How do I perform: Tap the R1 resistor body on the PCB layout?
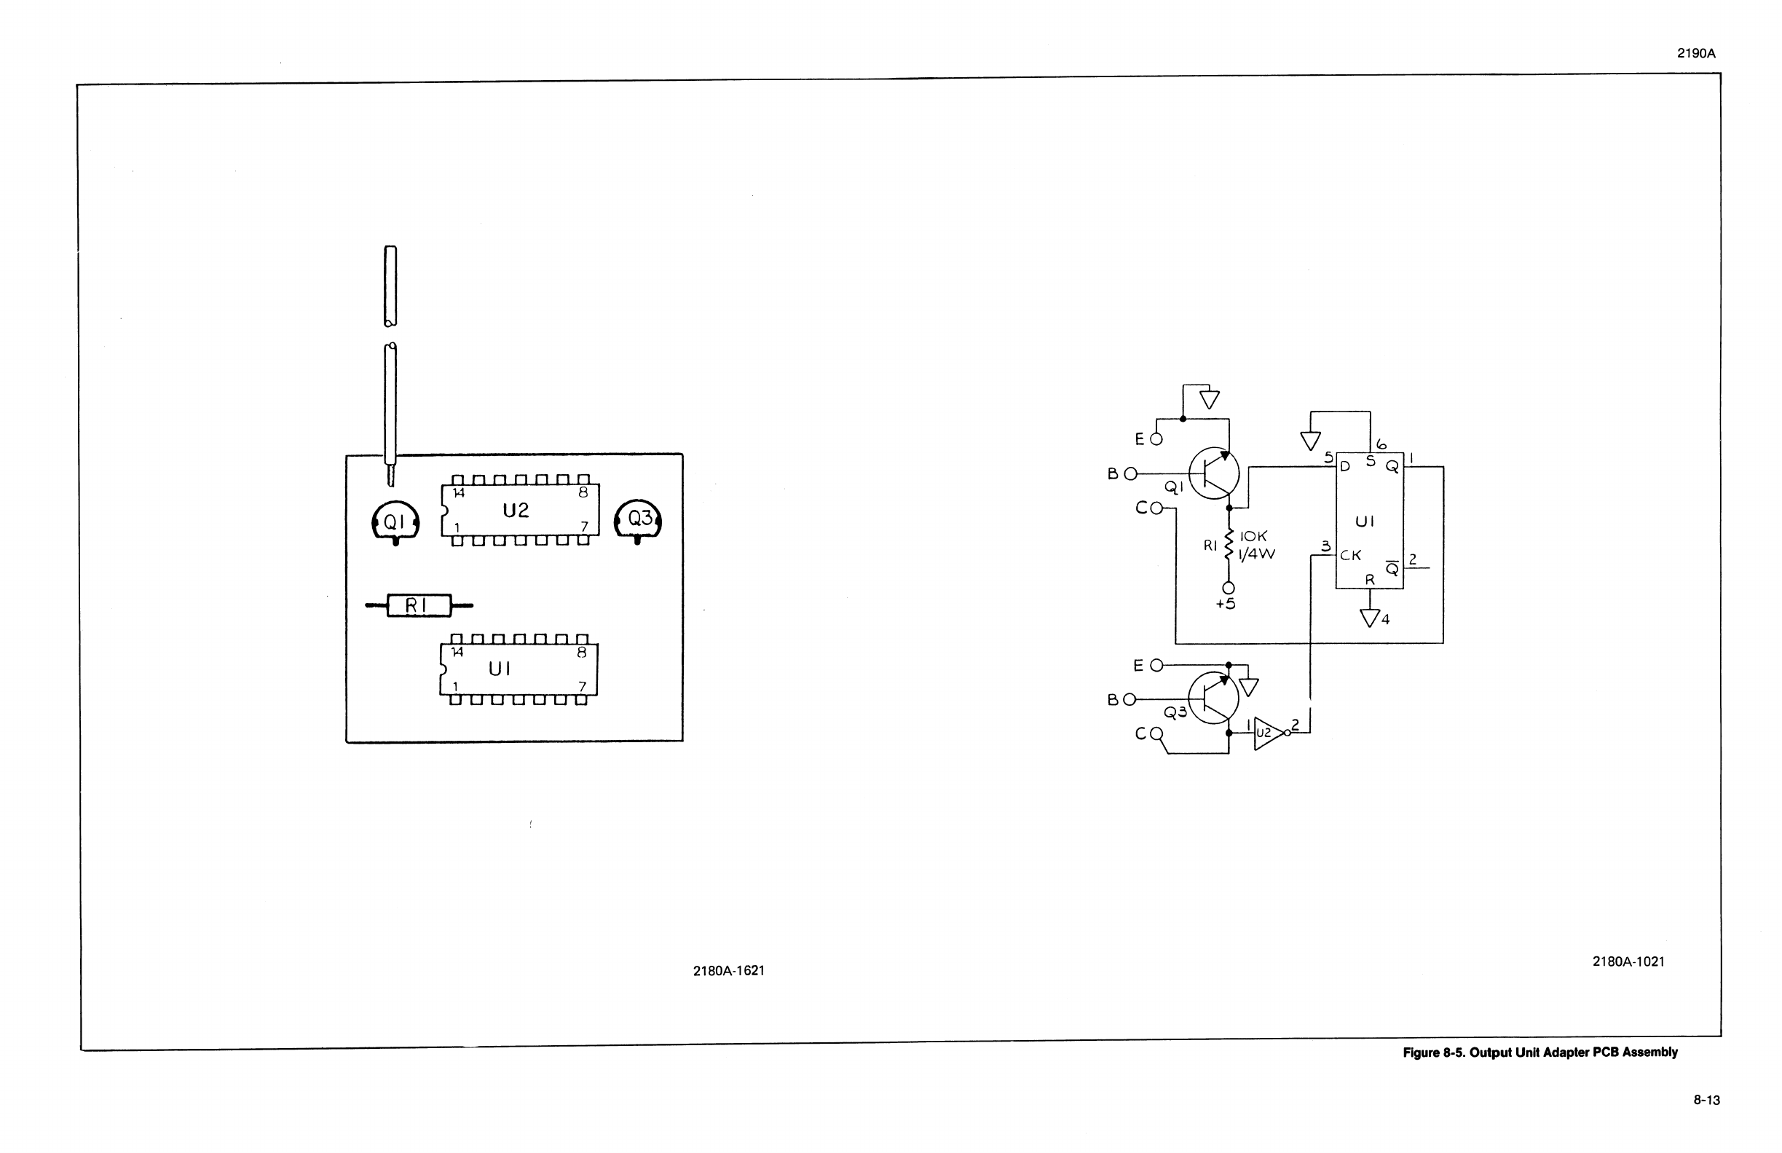[x=419, y=605]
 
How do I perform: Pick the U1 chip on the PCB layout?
[x=519, y=669]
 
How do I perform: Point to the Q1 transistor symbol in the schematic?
[x=1213, y=473]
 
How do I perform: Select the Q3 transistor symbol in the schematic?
[x=1213, y=697]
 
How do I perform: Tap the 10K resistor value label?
[x=1253, y=537]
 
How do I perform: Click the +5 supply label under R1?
[x=1225, y=605]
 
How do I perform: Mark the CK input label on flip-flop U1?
[x=1351, y=556]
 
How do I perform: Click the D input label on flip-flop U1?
[x=1345, y=467]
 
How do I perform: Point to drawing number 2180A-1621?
[x=728, y=971]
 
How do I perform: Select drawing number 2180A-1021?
[x=1628, y=961]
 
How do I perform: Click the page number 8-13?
[x=1707, y=1100]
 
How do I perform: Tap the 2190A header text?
[x=1696, y=53]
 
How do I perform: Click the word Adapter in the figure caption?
[x=1566, y=1052]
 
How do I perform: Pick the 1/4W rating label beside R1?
[x=1257, y=555]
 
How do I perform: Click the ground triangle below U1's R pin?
[x=1370, y=618]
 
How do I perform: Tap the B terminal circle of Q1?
[x=1130, y=473]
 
